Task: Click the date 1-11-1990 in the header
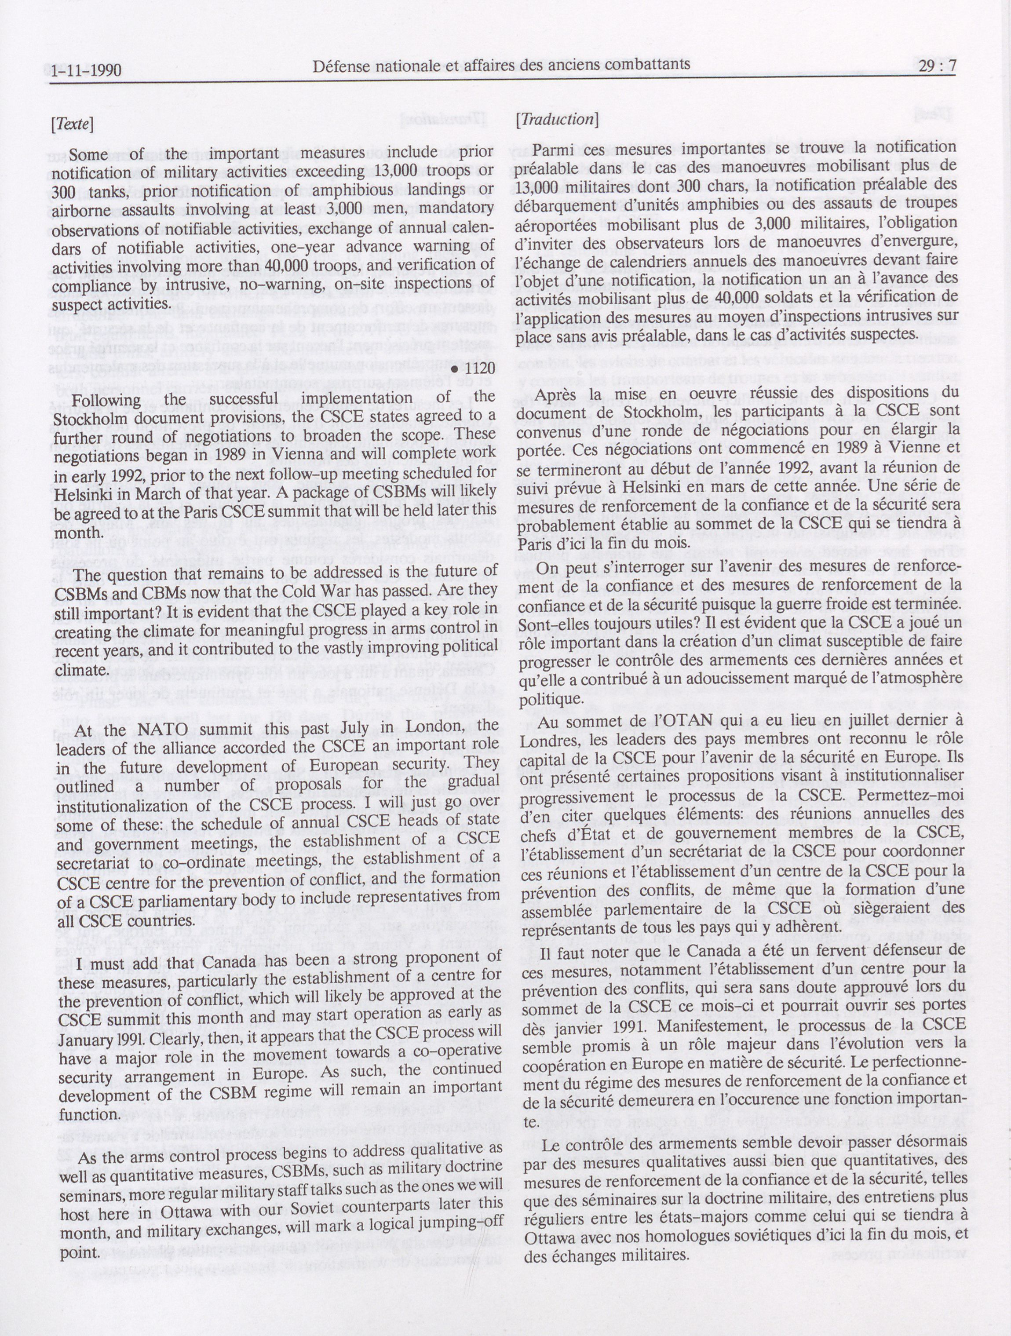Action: (86, 71)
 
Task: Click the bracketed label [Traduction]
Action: (557, 119)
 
